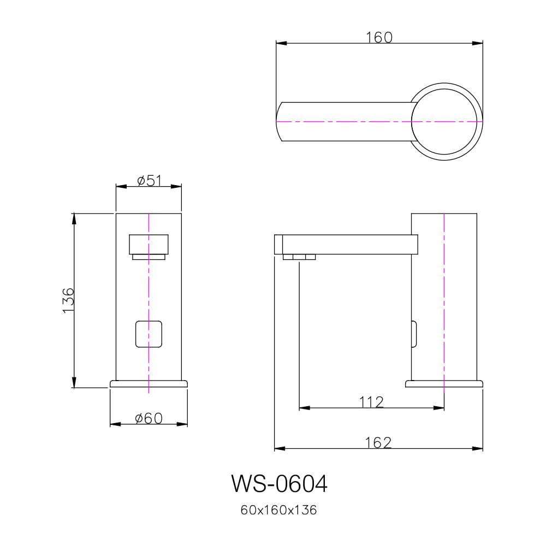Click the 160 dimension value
coord(379,37)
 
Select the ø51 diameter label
coord(150,181)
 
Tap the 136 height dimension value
coord(68,300)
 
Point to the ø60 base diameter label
coord(149,418)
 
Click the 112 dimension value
coord(371,402)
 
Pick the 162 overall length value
coord(378,443)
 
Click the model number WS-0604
coord(279,483)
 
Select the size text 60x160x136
coord(278,510)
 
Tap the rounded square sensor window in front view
coord(149,334)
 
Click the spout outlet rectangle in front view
coord(149,245)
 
